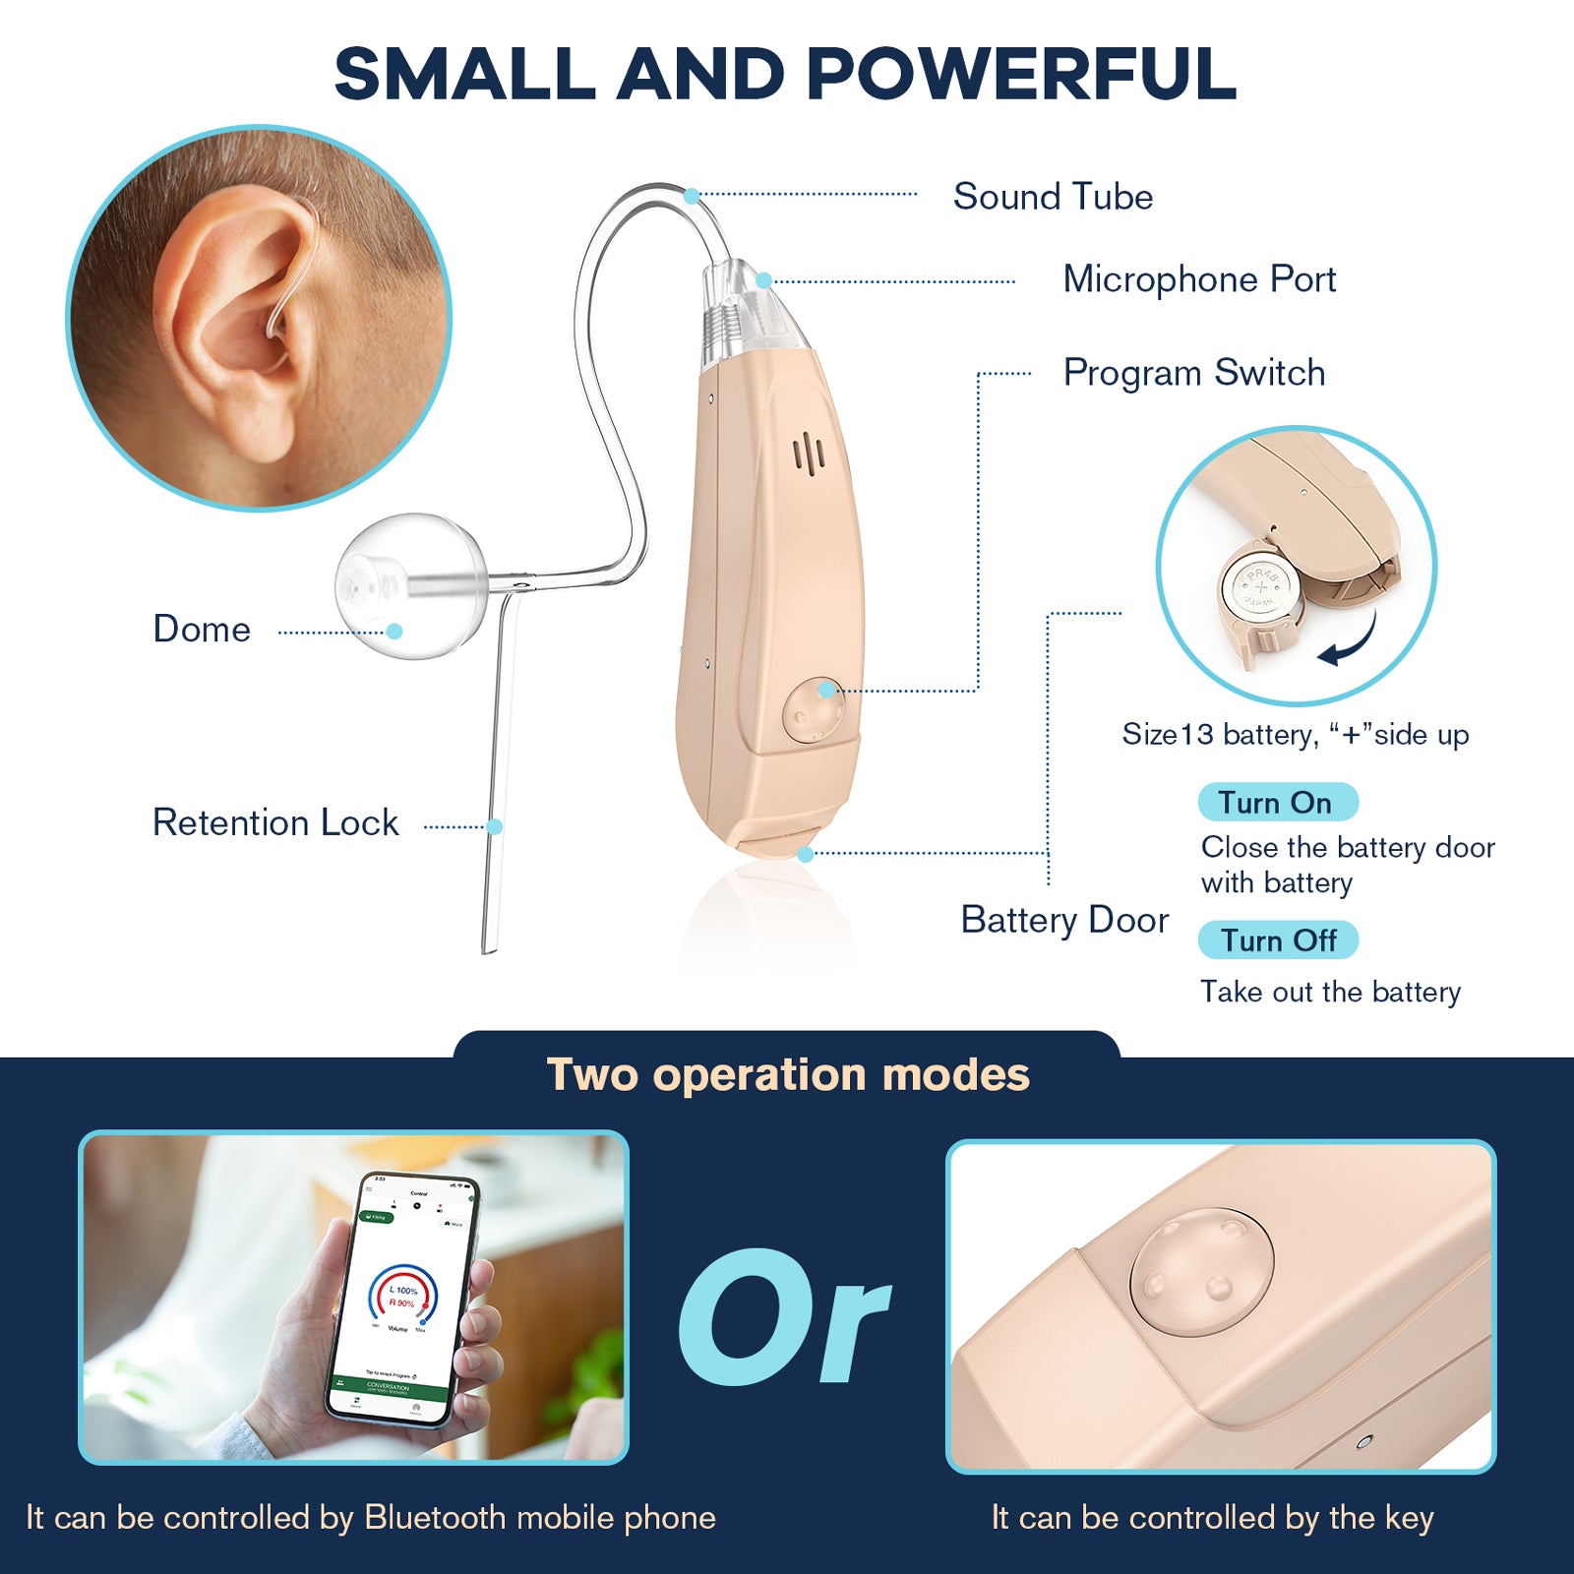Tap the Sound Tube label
click(1053, 197)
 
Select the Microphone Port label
click(1199, 280)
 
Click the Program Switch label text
click(1194, 374)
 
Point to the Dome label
click(202, 630)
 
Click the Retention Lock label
click(275, 823)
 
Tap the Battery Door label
click(1064, 921)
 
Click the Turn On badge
click(1277, 803)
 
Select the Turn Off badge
click(1278, 940)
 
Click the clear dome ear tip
click(411, 584)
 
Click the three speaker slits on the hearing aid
click(810, 454)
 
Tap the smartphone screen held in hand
click(403, 1299)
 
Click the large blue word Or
click(784, 1318)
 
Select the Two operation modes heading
click(787, 1075)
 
